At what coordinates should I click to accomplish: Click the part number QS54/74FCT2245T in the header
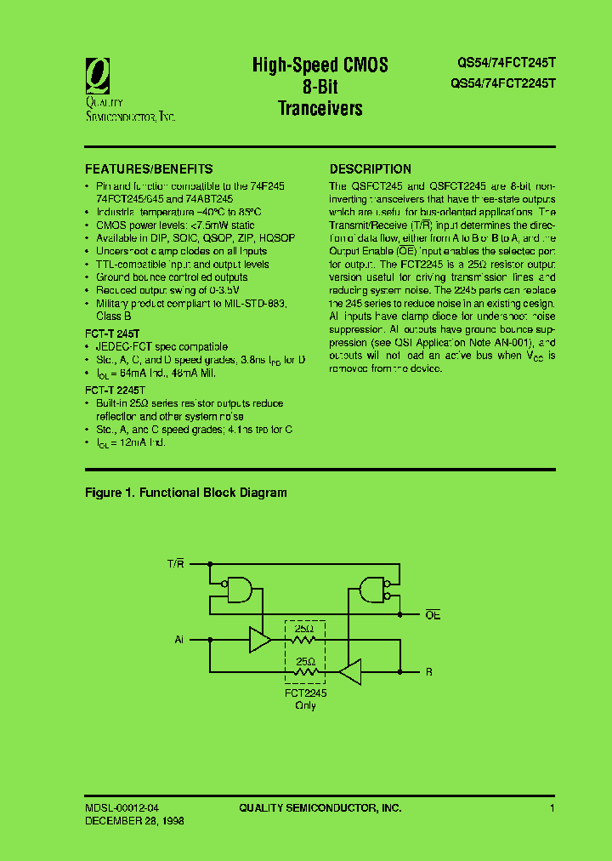point(501,83)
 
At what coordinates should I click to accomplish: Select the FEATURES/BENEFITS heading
point(149,168)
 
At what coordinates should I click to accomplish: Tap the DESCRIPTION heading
point(370,168)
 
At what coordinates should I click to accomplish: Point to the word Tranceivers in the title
point(320,108)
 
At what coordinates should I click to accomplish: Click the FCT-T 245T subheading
point(112,334)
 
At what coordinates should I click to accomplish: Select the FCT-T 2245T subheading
point(115,390)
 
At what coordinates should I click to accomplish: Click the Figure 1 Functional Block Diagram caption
point(186,493)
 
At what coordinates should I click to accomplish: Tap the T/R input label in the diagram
point(175,564)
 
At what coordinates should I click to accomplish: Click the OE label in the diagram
point(433,614)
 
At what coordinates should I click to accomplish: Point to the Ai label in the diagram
point(179,638)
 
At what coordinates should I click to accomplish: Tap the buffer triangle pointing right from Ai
point(259,639)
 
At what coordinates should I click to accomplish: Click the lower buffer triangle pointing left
point(350,672)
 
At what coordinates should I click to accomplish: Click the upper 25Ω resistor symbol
point(304,639)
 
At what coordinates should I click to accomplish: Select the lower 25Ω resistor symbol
point(304,672)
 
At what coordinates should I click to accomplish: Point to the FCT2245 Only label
point(305,699)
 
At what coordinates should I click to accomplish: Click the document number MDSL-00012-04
point(121,807)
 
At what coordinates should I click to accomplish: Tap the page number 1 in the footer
point(552,807)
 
